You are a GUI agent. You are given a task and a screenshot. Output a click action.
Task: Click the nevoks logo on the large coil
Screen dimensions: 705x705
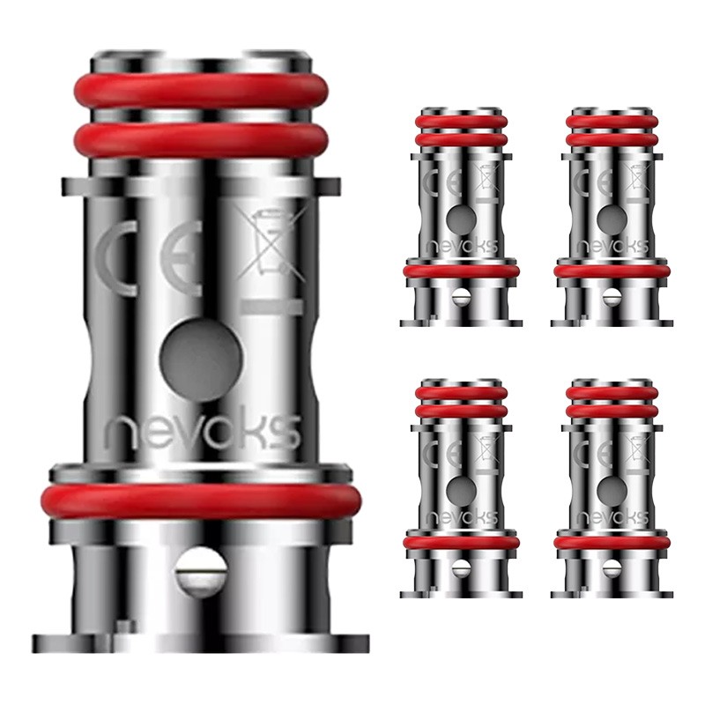(x=202, y=433)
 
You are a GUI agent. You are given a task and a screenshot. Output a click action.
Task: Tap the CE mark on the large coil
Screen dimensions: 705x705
(x=148, y=258)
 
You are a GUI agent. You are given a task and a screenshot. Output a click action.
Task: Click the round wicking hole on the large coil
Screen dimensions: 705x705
(x=201, y=360)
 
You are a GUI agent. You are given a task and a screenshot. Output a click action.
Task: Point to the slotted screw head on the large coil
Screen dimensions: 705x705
(x=201, y=571)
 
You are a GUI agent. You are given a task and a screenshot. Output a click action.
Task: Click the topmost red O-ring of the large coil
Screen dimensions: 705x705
(x=202, y=92)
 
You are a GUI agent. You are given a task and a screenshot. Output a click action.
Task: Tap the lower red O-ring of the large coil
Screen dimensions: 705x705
(x=201, y=501)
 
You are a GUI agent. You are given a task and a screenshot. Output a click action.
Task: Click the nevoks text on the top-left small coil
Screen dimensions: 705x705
(x=461, y=247)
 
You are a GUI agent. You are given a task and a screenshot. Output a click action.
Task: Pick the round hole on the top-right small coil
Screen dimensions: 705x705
(x=612, y=219)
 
